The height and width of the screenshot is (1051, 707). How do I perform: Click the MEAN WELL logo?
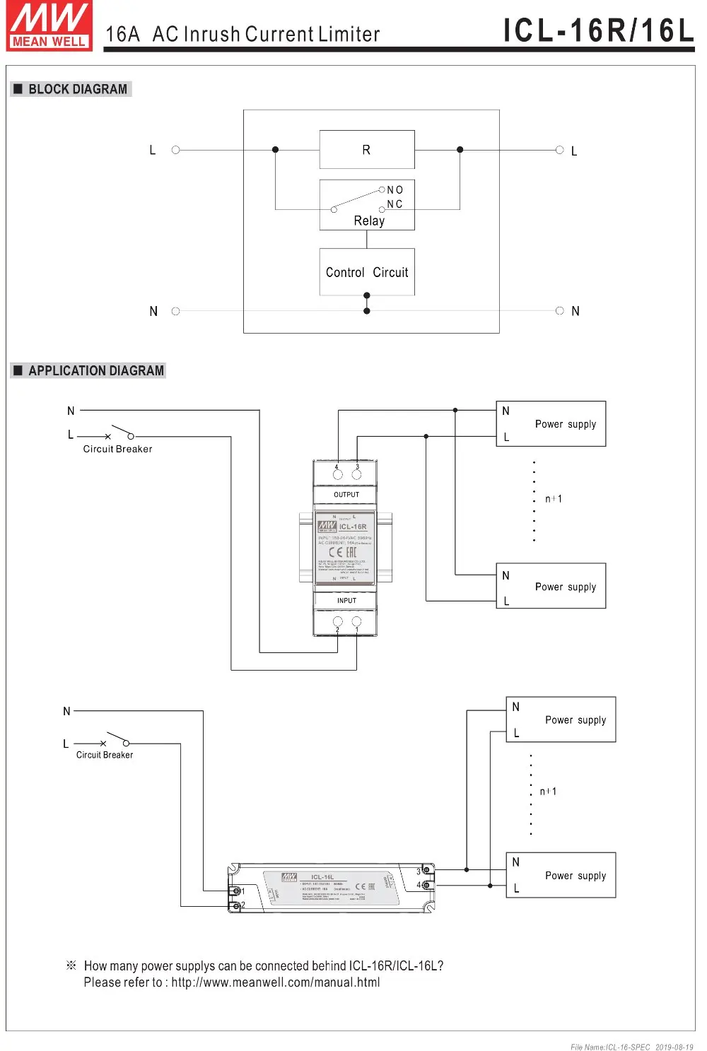[49, 26]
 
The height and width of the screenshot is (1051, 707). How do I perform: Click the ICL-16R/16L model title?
[598, 30]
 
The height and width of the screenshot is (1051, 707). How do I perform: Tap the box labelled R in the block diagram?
[366, 149]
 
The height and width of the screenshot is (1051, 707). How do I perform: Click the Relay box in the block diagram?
[367, 205]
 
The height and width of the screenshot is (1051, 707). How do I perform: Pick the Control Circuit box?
[367, 272]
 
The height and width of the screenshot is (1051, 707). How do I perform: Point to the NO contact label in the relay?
[395, 190]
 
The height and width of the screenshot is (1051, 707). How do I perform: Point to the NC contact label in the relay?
[395, 204]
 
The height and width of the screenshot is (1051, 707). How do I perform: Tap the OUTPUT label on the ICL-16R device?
[346, 495]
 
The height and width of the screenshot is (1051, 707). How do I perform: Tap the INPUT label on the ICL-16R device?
[346, 601]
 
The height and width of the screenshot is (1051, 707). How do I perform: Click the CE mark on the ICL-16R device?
[336, 552]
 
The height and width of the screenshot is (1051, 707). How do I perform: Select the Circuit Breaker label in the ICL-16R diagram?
[117, 449]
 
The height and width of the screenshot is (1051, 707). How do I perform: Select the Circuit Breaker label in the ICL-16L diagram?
[105, 755]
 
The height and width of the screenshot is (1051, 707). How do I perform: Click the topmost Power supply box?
[551, 424]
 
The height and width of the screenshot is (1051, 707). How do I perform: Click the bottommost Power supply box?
[561, 875]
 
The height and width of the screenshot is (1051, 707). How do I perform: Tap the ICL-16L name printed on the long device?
[322, 877]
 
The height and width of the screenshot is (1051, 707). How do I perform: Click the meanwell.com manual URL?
[275, 982]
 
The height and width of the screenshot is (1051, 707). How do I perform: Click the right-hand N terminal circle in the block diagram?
[559, 311]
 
